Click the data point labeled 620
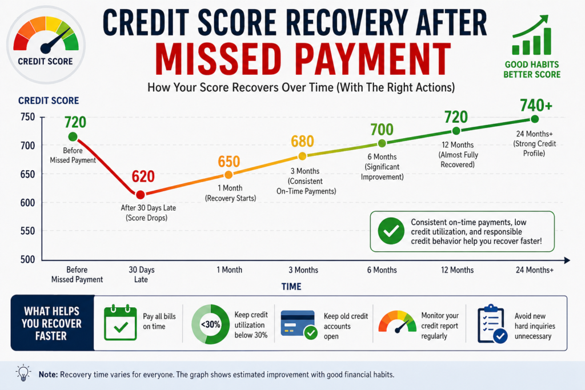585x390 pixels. coord(141,195)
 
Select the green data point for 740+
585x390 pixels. coord(535,119)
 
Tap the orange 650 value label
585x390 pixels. coord(229,161)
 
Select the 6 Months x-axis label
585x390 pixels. coord(382,270)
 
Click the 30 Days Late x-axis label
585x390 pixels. coord(141,275)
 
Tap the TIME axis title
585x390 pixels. coord(291,287)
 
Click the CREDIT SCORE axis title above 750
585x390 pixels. coord(49,101)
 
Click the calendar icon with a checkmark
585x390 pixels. coord(119,323)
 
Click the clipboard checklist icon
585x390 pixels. coord(492,324)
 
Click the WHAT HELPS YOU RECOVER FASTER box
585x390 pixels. coord(52,323)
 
